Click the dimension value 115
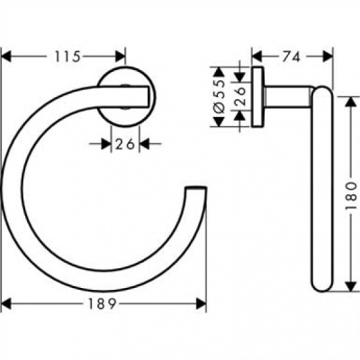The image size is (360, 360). [64, 56]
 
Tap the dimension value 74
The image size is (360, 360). [290, 56]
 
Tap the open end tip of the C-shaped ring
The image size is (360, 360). [193, 191]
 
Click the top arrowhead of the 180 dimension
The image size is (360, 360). [345, 92]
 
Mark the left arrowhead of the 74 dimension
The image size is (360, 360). [256, 56]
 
